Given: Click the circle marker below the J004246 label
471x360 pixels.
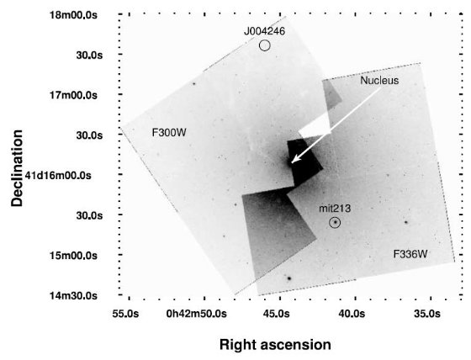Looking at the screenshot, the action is [x=265, y=41].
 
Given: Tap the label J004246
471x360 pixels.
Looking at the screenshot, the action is [x=264, y=31].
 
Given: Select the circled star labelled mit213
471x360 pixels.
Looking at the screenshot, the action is [x=335, y=223].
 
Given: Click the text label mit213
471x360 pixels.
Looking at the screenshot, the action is [x=335, y=208].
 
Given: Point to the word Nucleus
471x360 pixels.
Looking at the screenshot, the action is [x=379, y=80].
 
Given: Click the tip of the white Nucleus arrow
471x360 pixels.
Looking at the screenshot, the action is [x=291, y=163].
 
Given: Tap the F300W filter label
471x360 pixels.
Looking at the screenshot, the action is [x=169, y=133].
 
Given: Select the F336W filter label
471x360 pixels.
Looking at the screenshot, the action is [x=410, y=254].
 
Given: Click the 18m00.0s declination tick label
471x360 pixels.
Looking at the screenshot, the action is [x=74, y=15].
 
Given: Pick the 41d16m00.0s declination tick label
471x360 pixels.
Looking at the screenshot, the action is [x=58, y=175].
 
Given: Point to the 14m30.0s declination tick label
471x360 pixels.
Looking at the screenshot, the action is [x=74, y=296].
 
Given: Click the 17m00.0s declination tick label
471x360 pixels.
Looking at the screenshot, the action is [x=74, y=95].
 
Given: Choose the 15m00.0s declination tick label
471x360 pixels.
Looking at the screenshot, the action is [x=74, y=256].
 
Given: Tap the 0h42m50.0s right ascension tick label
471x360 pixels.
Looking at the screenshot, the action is [x=197, y=314].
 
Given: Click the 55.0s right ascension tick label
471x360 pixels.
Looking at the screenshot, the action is [x=125, y=314].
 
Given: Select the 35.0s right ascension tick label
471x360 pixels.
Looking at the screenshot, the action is [x=427, y=314].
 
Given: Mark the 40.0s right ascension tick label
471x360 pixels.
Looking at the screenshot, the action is [x=352, y=314].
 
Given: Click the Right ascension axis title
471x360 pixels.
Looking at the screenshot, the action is [x=275, y=345].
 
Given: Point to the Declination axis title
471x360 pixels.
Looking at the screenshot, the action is [x=17, y=168].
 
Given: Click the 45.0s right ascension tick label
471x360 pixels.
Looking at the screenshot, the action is [x=277, y=314].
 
